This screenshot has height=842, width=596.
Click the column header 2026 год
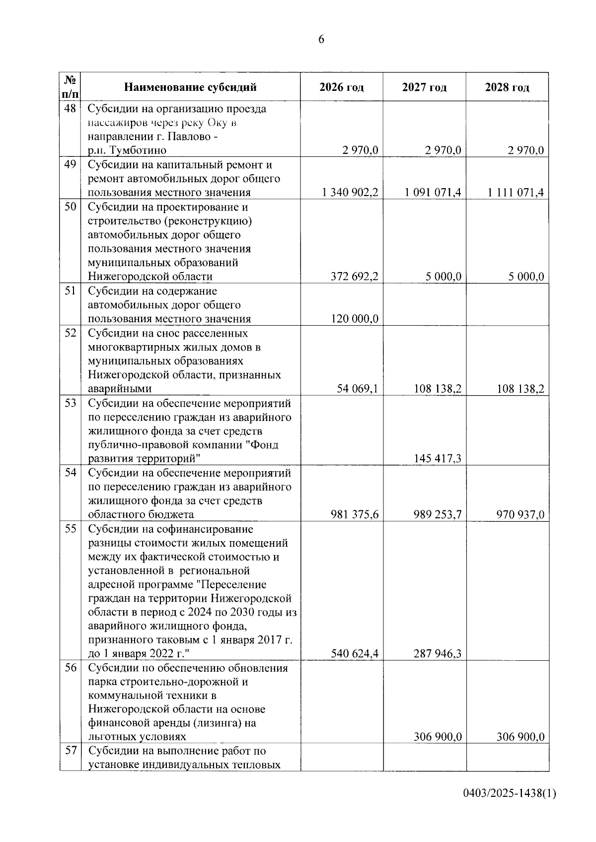tap(341, 88)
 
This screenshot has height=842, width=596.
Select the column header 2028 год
tap(507, 88)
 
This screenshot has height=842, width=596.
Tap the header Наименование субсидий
tap(190, 88)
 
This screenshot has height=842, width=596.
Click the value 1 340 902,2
tap(350, 193)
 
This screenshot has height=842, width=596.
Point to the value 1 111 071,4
tap(516, 193)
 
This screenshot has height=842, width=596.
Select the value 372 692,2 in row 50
tap(355, 277)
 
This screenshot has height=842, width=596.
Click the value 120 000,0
tap(355, 319)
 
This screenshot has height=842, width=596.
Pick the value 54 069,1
tap(358, 389)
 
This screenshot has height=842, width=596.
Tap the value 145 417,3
tap(438, 458)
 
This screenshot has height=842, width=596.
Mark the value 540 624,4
tap(355, 654)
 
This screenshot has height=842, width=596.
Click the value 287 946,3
tap(438, 654)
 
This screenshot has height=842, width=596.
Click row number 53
tap(70, 403)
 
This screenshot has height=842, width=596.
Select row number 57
tap(70, 751)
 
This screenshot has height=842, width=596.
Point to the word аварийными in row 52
tap(120, 389)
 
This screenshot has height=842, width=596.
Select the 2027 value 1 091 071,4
tap(433, 193)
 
